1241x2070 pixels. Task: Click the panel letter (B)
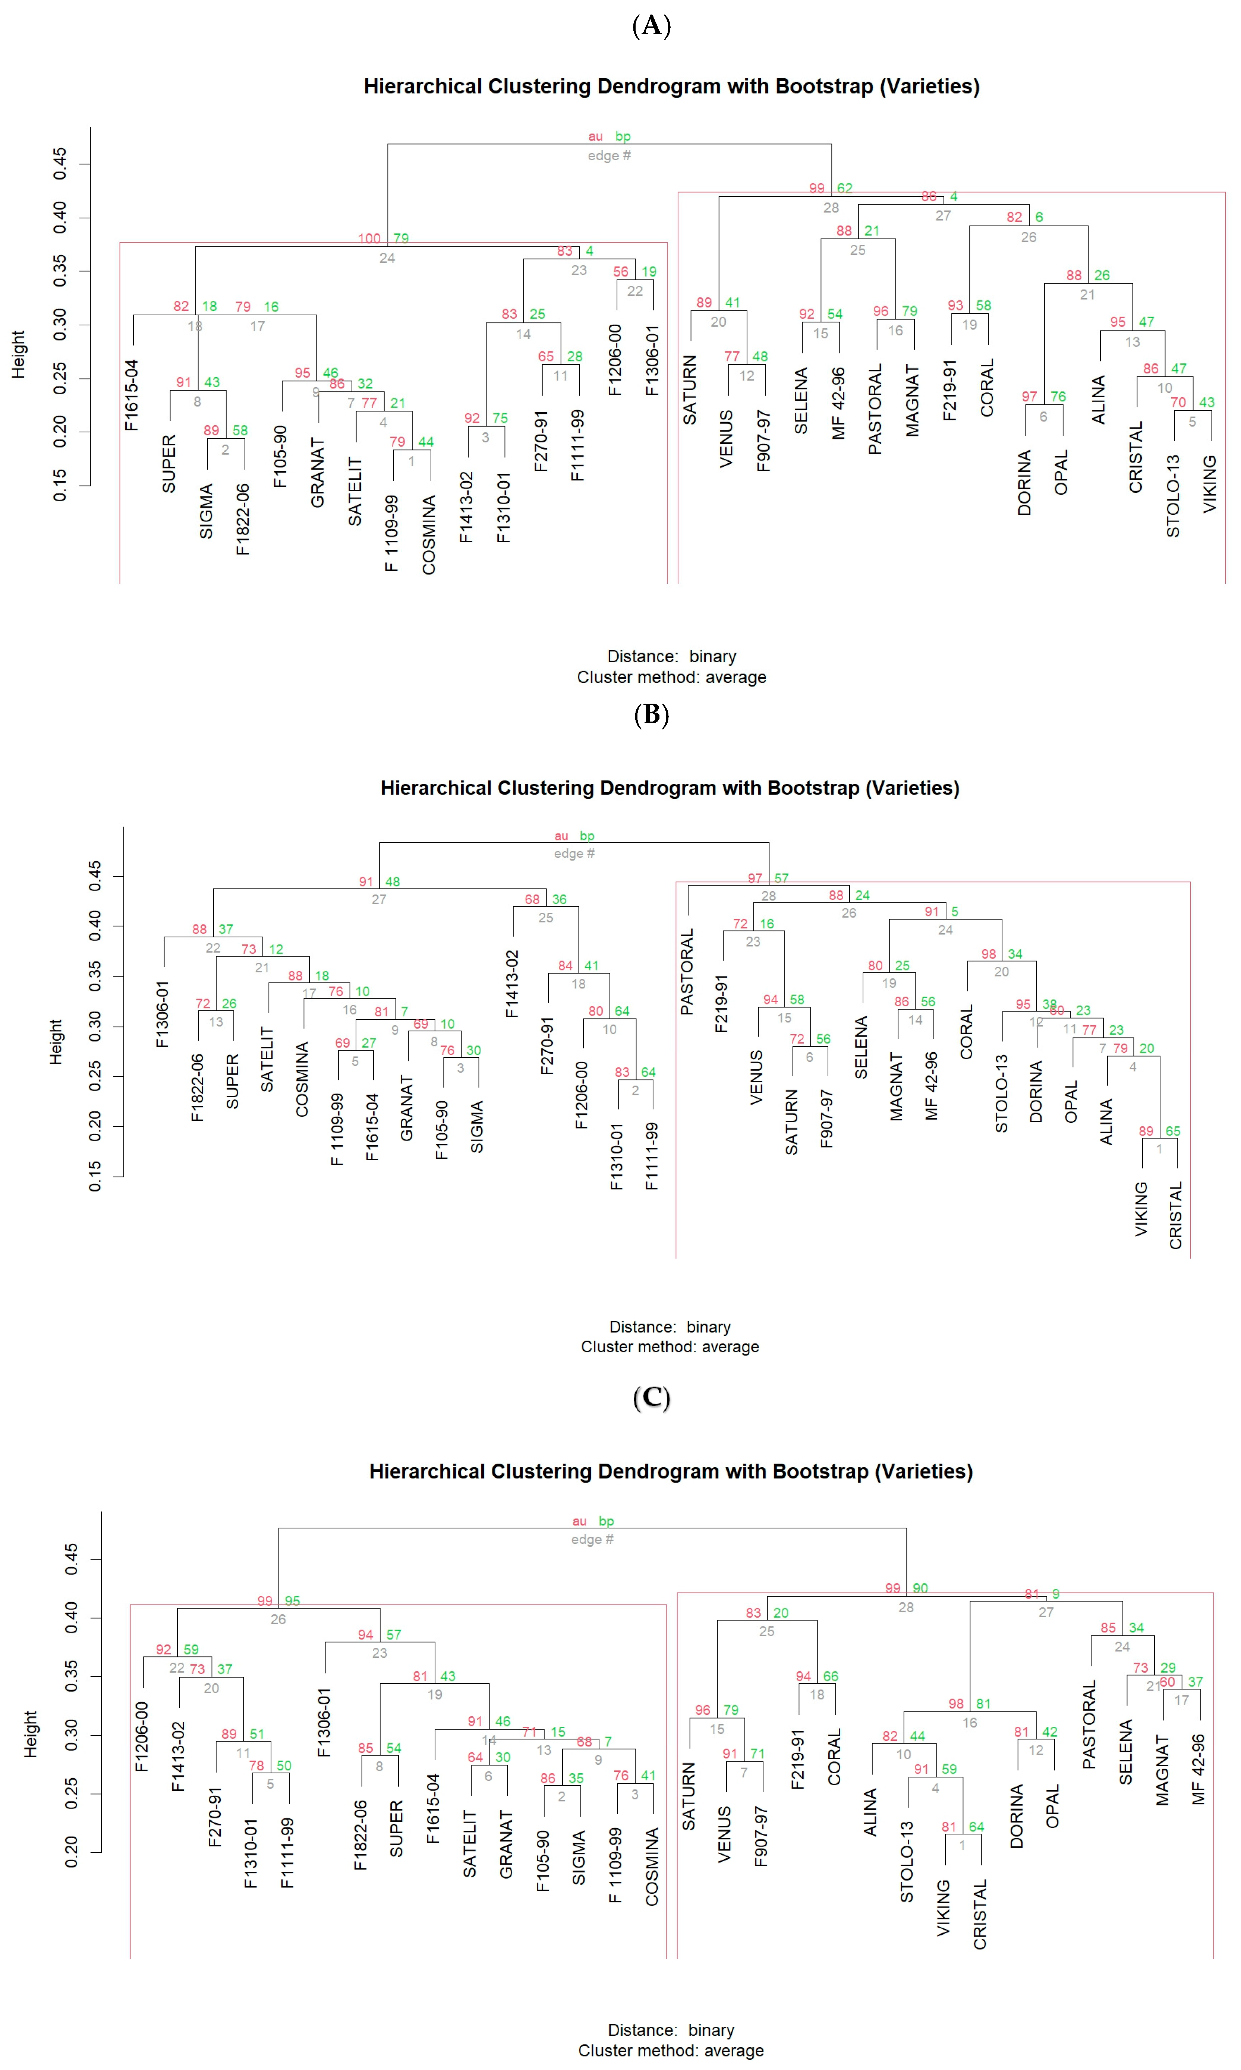(x=652, y=715)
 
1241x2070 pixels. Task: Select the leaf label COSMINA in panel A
(x=429, y=535)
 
